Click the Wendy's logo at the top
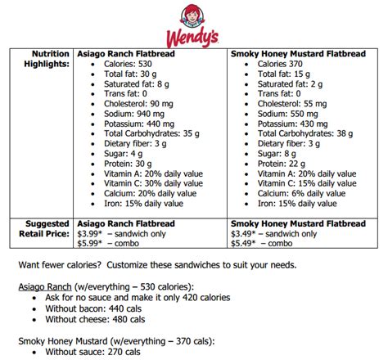[x=194, y=25]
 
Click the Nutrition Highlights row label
[x=38, y=57]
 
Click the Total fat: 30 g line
[x=130, y=74]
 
